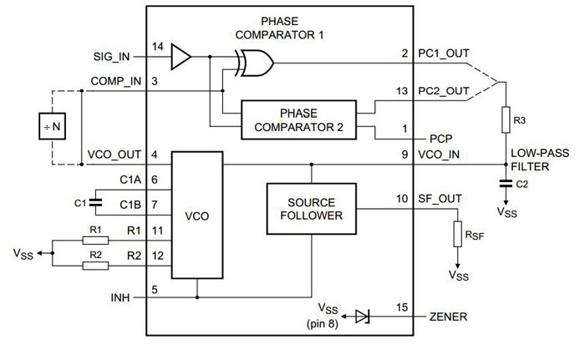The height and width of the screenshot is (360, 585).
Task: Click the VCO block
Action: pyautogui.click(x=197, y=215)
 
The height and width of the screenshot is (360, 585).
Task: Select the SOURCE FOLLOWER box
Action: pyautogui.click(x=310, y=209)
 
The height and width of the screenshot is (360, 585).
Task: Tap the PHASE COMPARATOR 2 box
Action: pyautogui.click(x=298, y=119)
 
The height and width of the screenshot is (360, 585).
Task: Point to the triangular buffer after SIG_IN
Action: pyautogui.click(x=180, y=57)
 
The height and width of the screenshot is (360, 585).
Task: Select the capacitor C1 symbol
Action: pyautogui.click(x=94, y=202)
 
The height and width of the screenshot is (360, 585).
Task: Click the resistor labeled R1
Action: pyautogui.click(x=95, y=239)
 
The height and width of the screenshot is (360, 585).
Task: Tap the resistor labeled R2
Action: pyautogui.click(x=95, y=266)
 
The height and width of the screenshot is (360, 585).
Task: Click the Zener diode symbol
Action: pyautogui.click(x=361, y=317)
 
